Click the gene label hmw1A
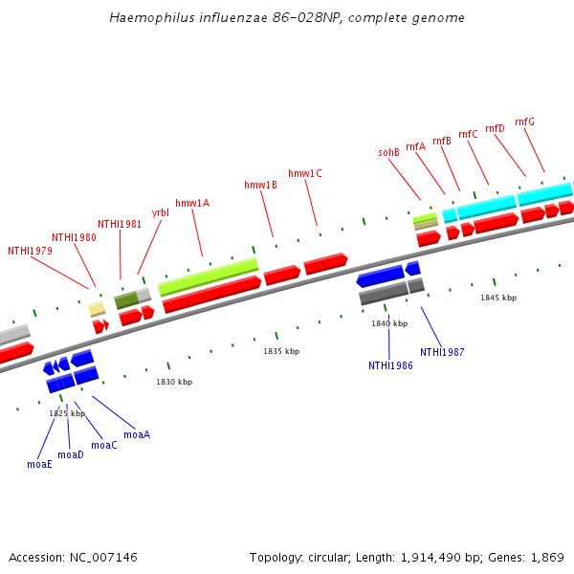[x=192, y=203]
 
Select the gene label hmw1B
[x=260, y=185]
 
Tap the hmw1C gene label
[x=305, y=173]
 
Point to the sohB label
[x=388, y=152]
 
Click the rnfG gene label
[x=524, y=121]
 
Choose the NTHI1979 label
[x=30, y=251]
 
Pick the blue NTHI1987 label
[x=442, y=352]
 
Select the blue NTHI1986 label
[x=390, y=365]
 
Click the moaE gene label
[x=39, y=464]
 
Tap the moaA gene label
[x=137, y=434]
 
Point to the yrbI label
[x=161, y=212]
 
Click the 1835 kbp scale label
[x=281, y=351]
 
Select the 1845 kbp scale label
[x=498, y=298]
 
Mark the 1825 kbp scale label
[x=67, y=413]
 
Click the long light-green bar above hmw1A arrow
[x=208, y=276]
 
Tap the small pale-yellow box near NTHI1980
[x=97, y=308]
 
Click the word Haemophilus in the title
[x=147, y=17]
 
